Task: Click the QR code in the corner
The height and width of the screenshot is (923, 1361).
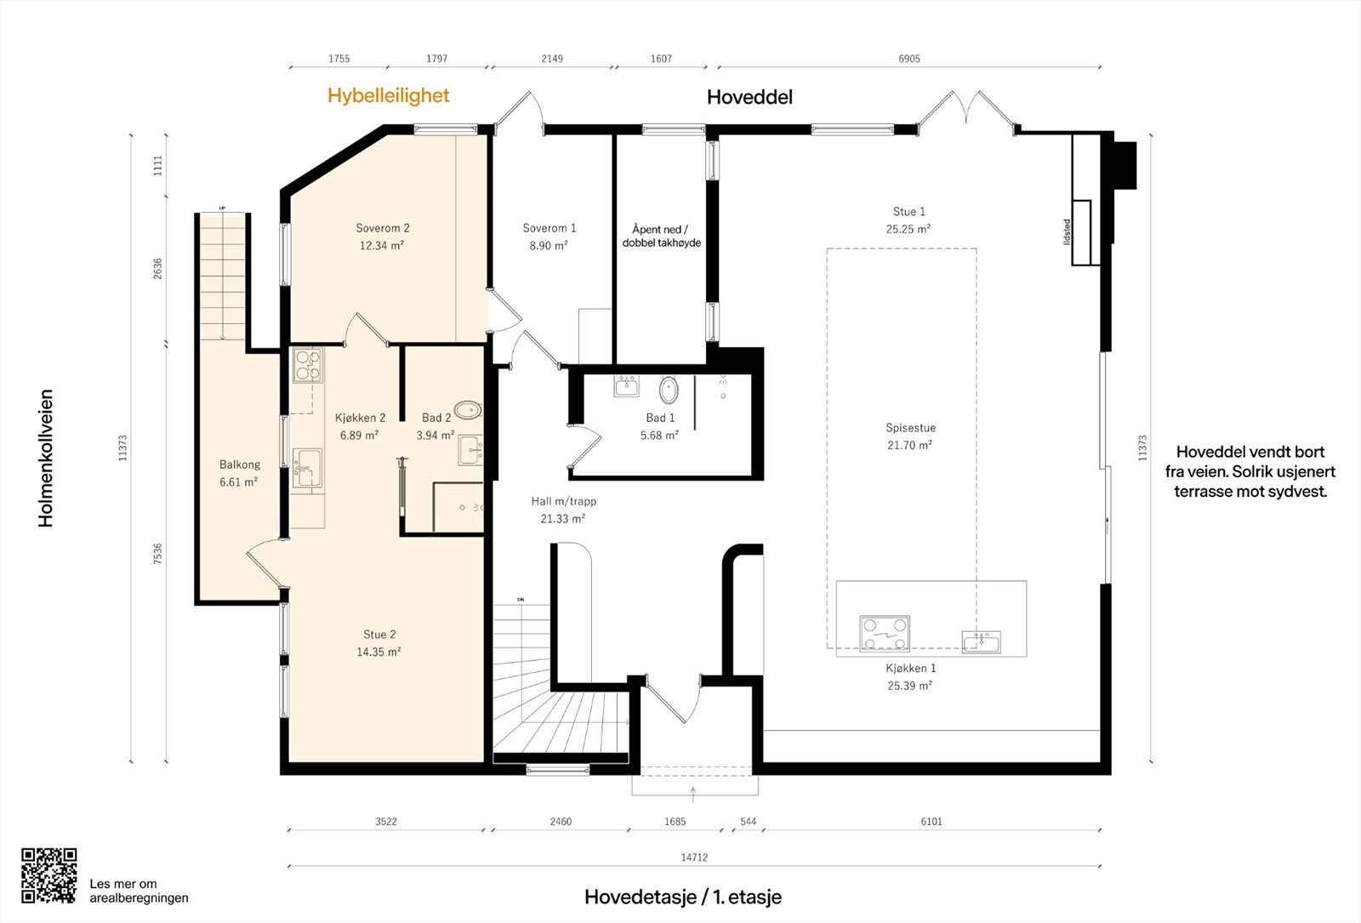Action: coord(49,875)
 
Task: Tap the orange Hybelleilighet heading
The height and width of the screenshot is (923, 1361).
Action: coord(388,96)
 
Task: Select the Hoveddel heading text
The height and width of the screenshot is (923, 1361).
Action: coord(749,97)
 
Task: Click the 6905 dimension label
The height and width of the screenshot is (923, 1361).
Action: coord(909,59)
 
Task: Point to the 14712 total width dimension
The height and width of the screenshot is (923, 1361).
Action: coord(694,857)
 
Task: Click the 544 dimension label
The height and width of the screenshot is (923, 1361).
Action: coord(748,822)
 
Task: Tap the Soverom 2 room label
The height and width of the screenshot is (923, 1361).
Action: coord(383,228)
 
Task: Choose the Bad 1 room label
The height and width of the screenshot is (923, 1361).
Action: coord(660,418)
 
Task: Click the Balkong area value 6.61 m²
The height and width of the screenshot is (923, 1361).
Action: coord(238,481)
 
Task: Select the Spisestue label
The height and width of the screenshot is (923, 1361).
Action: coord(910,428)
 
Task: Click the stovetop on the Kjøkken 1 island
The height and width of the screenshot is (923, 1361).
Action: coord(885,633)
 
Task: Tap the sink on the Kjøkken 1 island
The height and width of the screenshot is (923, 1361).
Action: coord(981,641)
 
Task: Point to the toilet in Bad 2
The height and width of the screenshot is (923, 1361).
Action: coord(467,409)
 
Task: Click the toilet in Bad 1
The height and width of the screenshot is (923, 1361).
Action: coord(669,390)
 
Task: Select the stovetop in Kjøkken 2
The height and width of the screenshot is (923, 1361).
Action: coord(307,365)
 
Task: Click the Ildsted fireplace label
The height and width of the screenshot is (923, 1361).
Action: coord(1067,232)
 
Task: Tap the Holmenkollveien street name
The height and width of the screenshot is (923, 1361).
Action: coord(46,459)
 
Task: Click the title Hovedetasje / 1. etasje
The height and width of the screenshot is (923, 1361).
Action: coord(683,897)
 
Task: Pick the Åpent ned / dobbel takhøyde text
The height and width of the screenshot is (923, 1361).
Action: coord(661,236)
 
